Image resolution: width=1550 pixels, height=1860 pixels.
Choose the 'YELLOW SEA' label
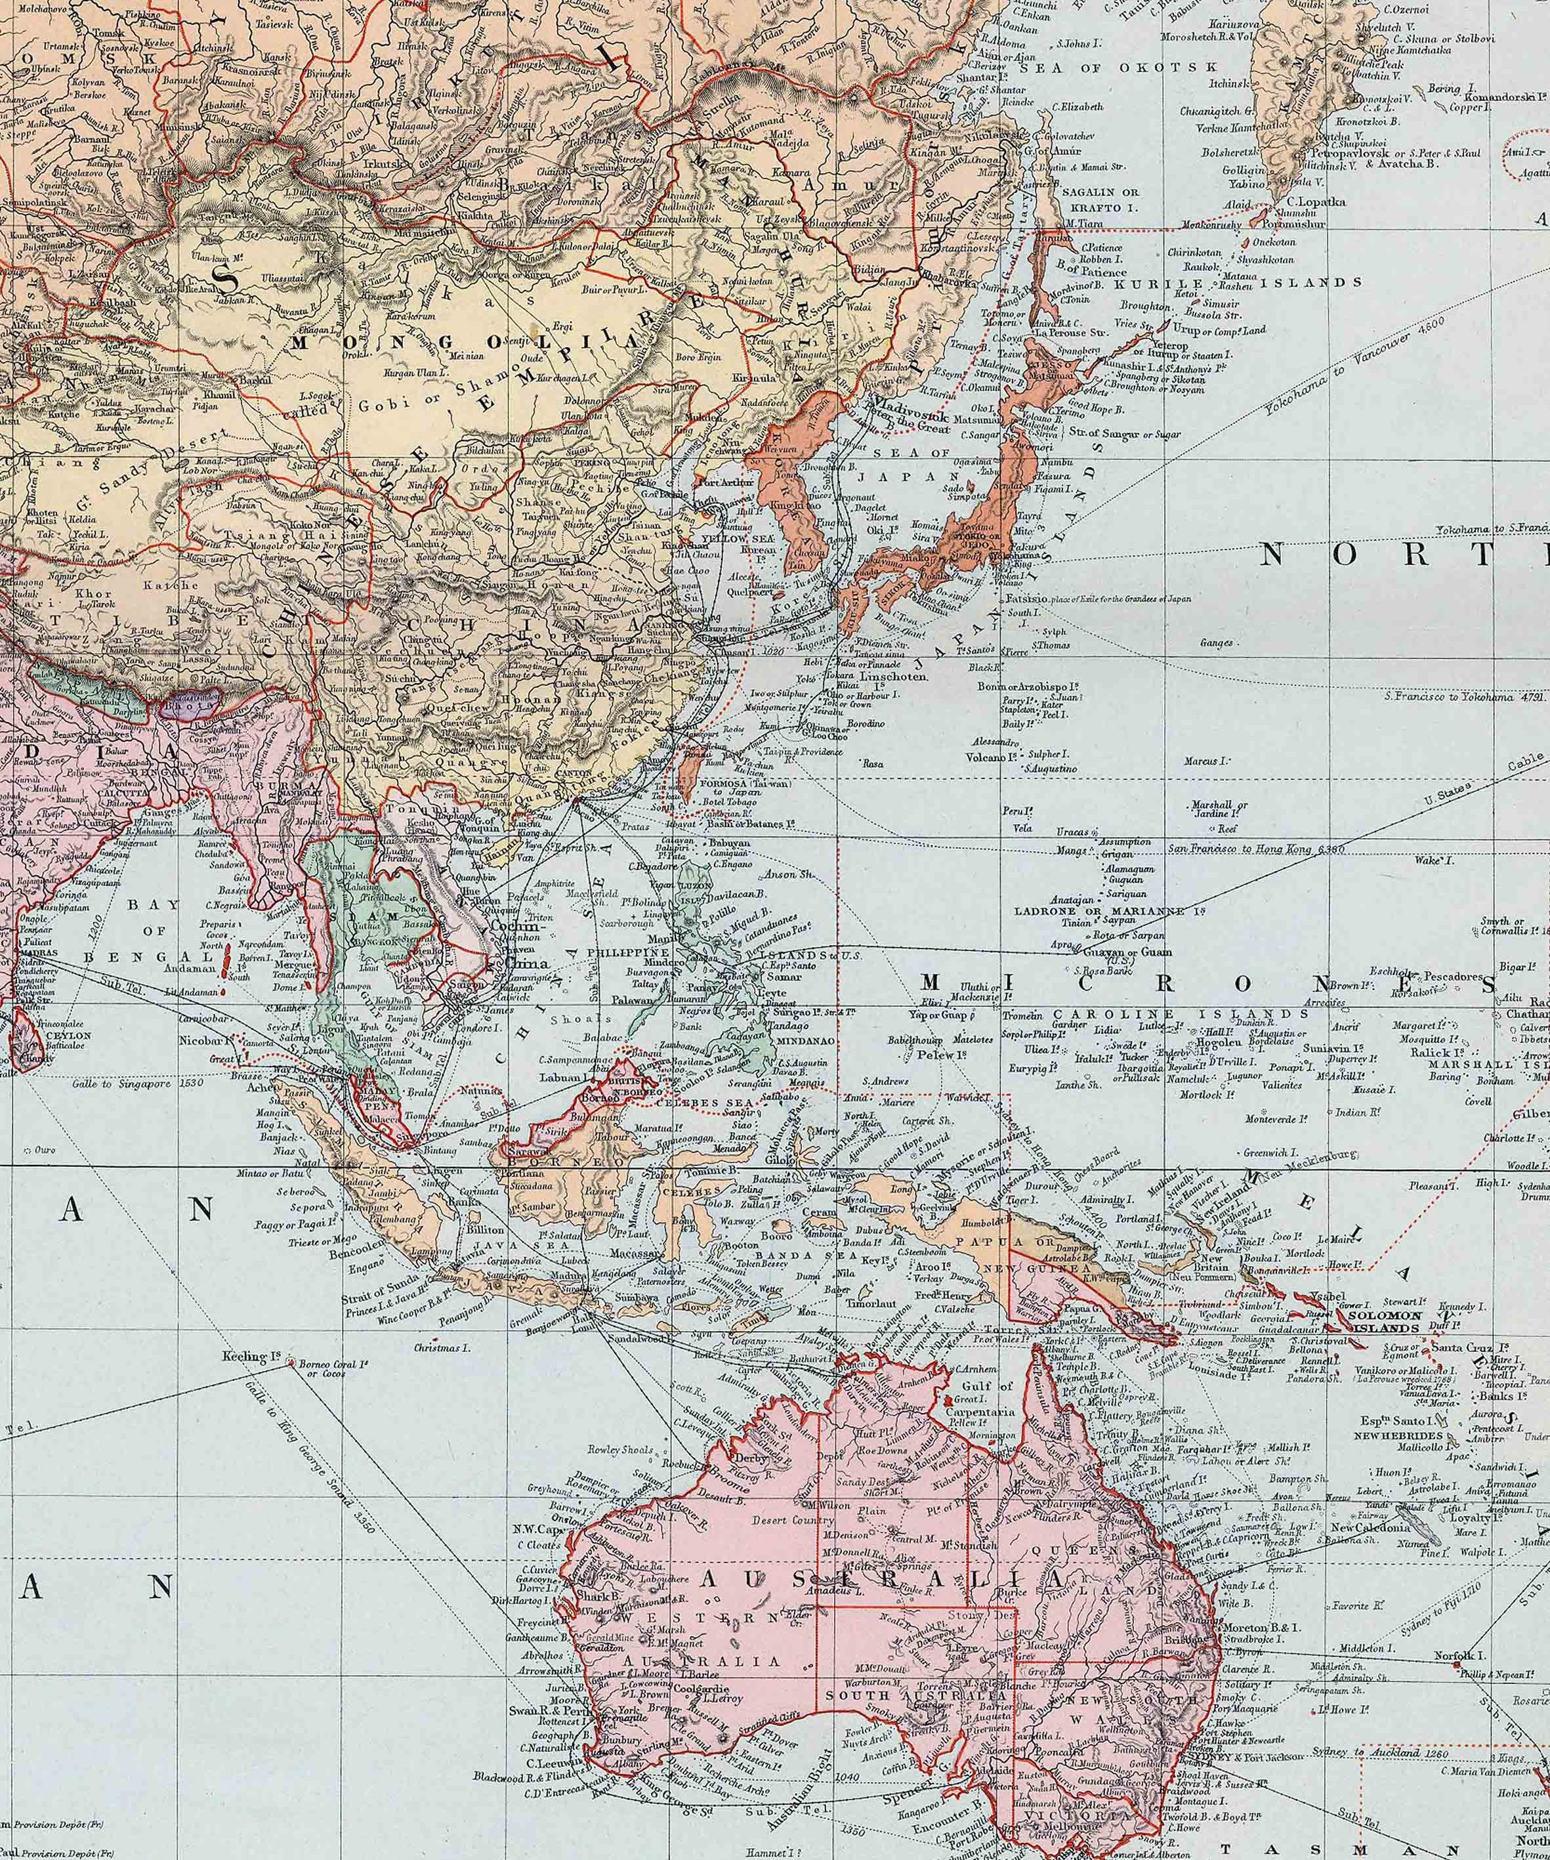click(x=730, y=538)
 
